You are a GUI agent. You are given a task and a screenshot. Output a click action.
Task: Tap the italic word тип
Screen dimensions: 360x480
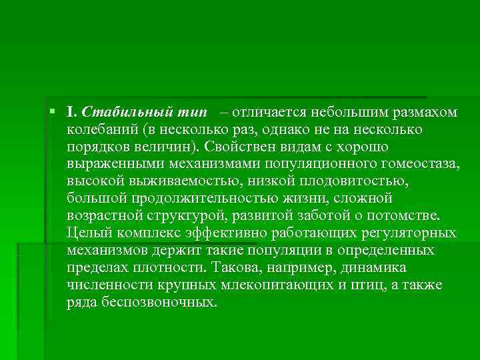click(190, 111)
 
